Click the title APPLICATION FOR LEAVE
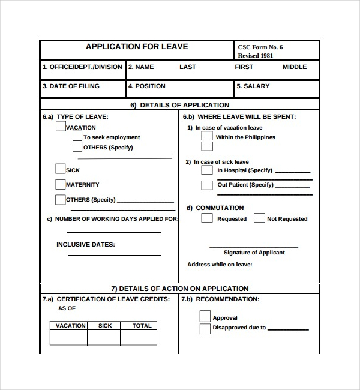coord(137,47)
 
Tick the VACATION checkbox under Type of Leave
coord(61,127)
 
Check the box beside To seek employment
coord(77,137)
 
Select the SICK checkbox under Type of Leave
coord(60,169)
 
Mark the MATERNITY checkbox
coord(60,184)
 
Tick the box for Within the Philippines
coord(207,136)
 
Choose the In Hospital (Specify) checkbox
coord(207,170)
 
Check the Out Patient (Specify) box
coord(207,185)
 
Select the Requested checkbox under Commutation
coord(207,218)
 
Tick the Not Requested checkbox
coord(259,218)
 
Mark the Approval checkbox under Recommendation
coord(205,316)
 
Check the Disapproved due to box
coord(205,328)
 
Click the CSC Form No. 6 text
coord(260,47)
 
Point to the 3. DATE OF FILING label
coord(71,86)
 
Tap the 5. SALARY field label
coord(253,86)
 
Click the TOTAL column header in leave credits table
coord(142,326)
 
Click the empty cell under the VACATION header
coord(68,338)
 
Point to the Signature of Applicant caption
coord(254,253)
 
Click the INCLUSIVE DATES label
coord(85,245)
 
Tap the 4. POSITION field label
coord(146,86)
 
